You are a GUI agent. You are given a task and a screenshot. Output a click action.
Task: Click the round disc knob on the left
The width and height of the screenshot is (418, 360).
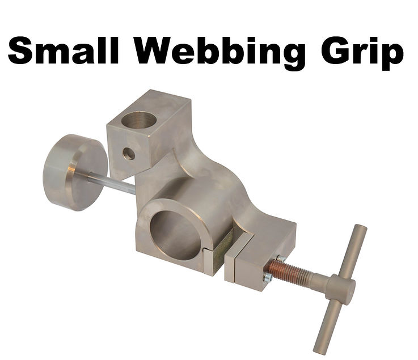[75, 171]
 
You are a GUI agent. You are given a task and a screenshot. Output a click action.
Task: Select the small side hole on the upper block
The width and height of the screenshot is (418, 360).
[129, 153]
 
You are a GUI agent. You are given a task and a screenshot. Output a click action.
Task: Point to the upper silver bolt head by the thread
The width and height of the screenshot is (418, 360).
[280, 259]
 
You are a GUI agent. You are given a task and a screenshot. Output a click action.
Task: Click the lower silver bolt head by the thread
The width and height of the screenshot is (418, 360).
[268, 277]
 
